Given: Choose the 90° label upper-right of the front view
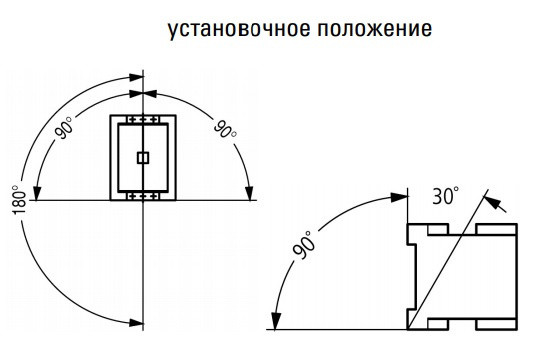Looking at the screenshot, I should [224, 130].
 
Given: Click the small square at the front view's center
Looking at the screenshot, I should [142, 157].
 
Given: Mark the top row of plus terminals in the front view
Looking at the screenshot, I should [143, 120].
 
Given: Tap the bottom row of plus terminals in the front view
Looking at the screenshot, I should [143, 196].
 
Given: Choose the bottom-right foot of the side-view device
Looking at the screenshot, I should [497, 322].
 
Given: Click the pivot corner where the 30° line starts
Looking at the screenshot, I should [408, 328].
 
